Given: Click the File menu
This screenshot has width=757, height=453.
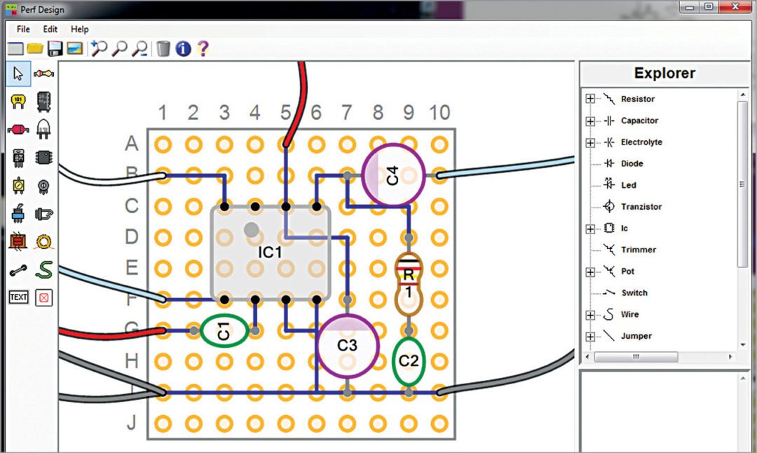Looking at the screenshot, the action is [x=23, y=29].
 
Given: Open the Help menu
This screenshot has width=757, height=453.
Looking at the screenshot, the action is [x=80, y=29].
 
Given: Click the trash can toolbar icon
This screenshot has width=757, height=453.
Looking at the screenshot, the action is [x=163, y=48].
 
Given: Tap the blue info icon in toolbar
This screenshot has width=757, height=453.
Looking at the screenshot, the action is [x=183, y=48].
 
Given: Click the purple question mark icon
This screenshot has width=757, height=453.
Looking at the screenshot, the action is [x=203, y=48].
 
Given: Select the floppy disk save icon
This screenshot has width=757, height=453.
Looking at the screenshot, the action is [x=55, y=48].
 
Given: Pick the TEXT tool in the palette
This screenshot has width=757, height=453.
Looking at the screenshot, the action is [x=18, y=297].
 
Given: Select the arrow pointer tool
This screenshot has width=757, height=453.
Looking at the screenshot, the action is [x=18, y=74].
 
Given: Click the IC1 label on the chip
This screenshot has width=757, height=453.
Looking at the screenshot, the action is [x=270, y=252].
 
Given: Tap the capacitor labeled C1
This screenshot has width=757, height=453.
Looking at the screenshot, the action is [x=224, y=331].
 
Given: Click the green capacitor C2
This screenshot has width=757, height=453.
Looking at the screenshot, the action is [x=409, y=360].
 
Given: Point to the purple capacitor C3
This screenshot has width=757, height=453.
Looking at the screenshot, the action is [x=348, y=345].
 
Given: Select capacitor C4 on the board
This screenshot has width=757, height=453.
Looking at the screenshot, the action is [x=393, y=175].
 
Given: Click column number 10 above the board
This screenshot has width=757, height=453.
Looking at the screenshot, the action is [x=439, y=112].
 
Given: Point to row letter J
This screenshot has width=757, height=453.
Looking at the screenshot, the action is [x=131, y=423].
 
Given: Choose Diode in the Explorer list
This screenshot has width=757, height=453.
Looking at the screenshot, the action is [x=632, y=163].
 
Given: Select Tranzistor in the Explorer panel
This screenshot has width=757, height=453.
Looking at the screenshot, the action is [x=641, y=207].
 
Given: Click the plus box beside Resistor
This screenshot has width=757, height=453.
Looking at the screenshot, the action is [x=590, y=99].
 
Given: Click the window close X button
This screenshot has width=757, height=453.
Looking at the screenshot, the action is [x=735, y=7].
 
